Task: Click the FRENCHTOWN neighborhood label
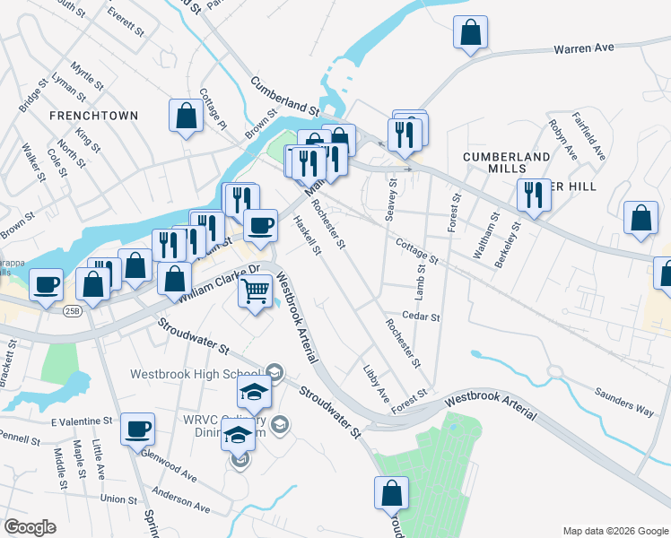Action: point(94,116)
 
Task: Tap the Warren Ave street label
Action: point(583,48)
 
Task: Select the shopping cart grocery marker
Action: point(255,291)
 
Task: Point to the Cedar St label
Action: point(422,317)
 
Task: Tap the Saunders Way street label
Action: point(624,401)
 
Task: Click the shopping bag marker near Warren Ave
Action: point(470,34)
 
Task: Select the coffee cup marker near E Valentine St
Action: point(137,430)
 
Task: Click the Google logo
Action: point(30,527)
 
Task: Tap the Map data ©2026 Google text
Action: point(614,530)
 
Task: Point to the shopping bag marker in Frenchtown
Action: point(186,116)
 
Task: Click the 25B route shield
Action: point(73,311)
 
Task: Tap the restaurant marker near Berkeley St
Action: point(533,195)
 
